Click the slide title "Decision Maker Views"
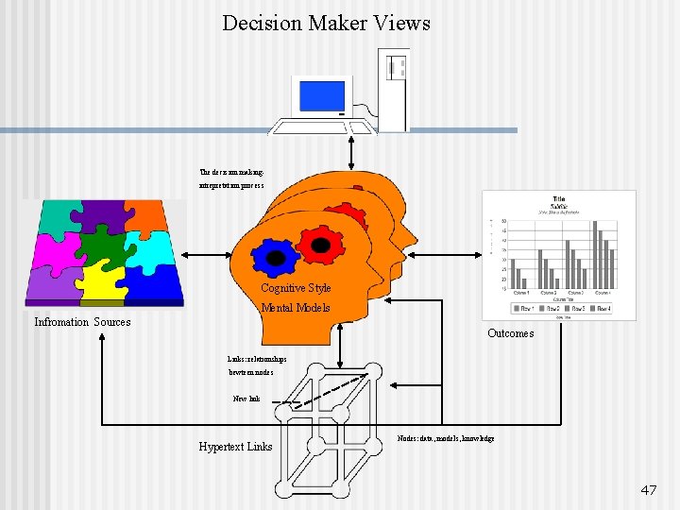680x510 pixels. tap(326, 23)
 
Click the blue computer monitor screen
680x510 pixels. tap(322, 96)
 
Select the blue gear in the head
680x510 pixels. tap(274, 256)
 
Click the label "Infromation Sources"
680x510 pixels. tap(82, 323)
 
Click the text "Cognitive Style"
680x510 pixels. tap(296, 288)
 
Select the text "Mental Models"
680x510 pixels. tap(296, 308)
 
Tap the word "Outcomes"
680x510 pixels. tap(510, 333)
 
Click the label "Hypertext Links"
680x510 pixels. tap(235, 447)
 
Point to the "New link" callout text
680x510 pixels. tap(246, 399)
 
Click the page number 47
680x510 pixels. tap(648, 490)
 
